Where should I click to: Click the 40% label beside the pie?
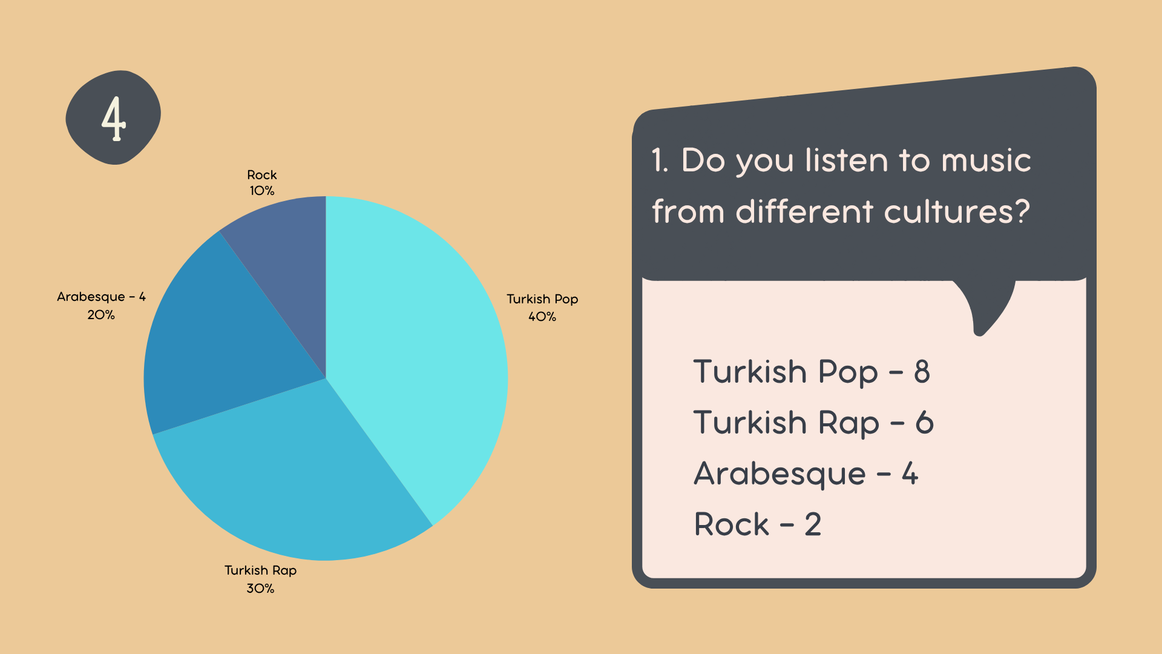coord(542,317)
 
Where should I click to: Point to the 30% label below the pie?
coord(260,588)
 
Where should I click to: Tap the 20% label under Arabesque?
coord(101,315)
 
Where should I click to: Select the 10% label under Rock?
coord(262,191)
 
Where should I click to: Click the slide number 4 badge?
coord(113,117)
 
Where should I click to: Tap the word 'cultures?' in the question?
coord(956,212)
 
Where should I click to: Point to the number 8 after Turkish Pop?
coord(922,372)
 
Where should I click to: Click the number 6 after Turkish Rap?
coord(924,423)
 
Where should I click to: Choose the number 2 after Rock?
coord(813,524)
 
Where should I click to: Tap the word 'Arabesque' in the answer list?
coord(780,474)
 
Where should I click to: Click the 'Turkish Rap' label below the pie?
coord(260,570)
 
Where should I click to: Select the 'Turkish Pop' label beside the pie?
coord(542,299)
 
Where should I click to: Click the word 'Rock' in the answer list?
coord(731,524)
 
